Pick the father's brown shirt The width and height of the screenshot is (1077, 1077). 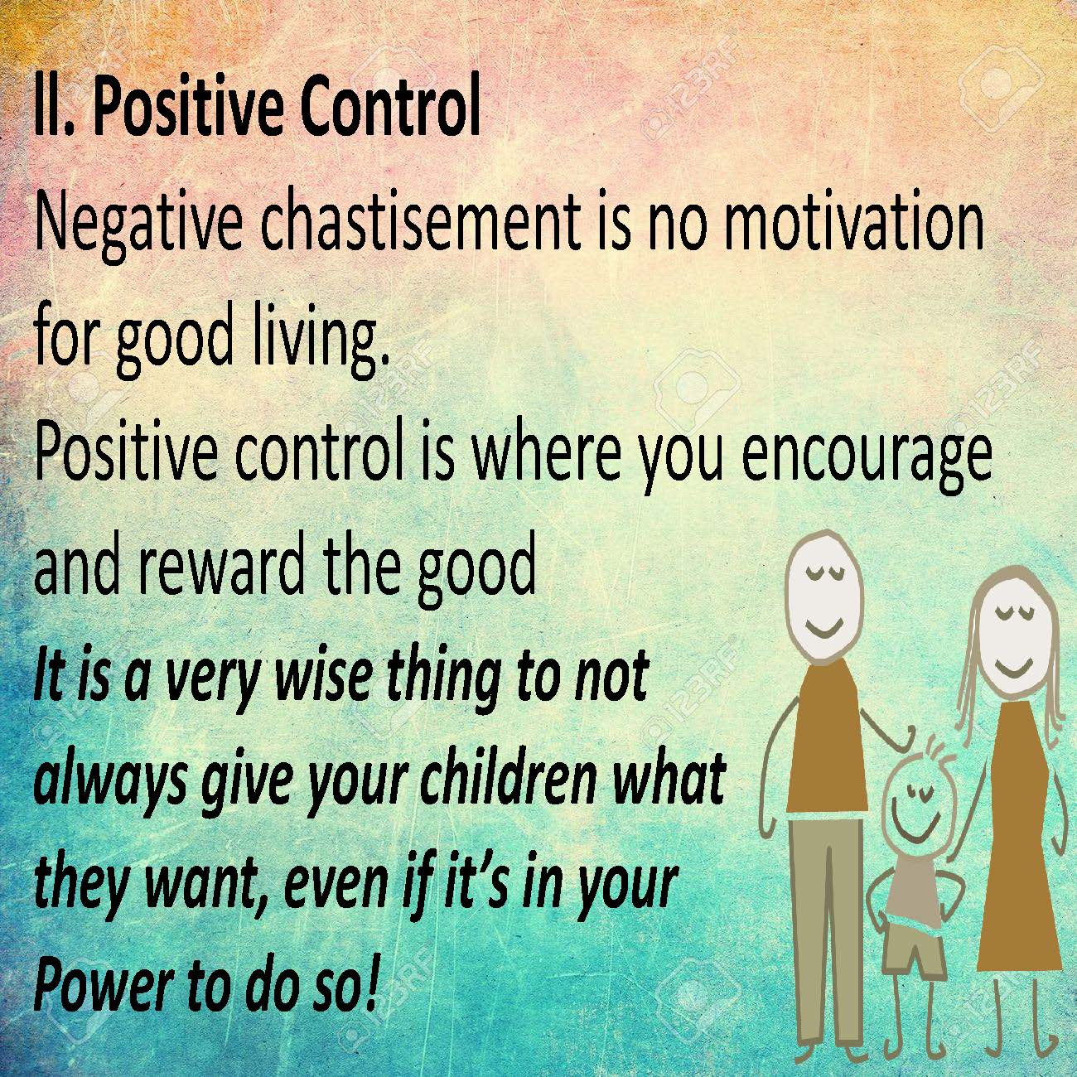coord(826,733)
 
